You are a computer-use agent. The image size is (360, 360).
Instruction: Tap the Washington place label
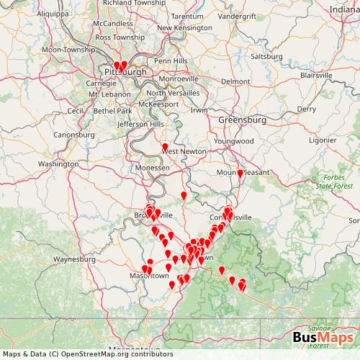pyautogui.click(x=58, y=164)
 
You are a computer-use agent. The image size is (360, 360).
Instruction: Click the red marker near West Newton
pyautogui.click(x=165, y=148)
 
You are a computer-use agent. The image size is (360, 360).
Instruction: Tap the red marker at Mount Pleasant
pyautogui.click(x=240, y=174)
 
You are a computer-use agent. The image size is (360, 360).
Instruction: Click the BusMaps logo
pyautogui.click(x=322, y=341)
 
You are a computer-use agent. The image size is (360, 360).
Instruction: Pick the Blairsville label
pyautogui.click(x=320, y=74)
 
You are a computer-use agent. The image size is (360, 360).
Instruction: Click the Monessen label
pyautogui.click(x=152, y=167)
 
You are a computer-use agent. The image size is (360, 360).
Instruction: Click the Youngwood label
pyautogui.click(x=239, y=141)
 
